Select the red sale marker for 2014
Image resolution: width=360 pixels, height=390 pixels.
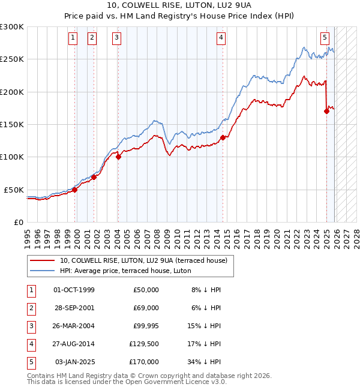[223, 137]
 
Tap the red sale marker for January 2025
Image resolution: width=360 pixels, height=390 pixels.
[327, 111]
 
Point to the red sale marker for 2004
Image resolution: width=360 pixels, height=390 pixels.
[118, 157]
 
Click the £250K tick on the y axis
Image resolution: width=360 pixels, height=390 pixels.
[12, 59]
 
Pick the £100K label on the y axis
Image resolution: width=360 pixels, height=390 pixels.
[12, 157]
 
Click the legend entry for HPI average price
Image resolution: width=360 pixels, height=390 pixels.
[125, 271]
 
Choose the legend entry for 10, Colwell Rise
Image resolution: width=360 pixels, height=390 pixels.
[143, 260]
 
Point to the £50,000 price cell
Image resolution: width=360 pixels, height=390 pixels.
[145, 290]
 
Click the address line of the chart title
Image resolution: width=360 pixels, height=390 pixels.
[179, 7]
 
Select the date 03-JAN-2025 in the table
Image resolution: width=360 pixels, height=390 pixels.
[75, 362]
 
